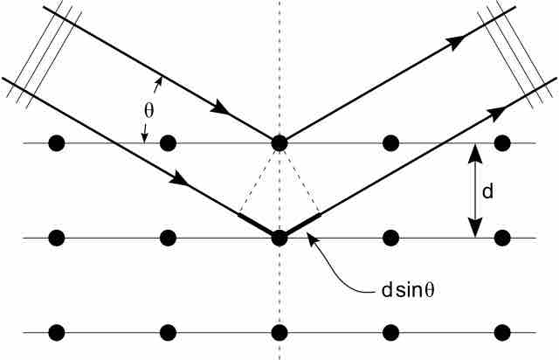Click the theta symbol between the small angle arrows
coord(149,111)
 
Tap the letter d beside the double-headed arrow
coord(487,191)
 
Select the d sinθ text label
coord(408,290)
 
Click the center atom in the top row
coord(279,143)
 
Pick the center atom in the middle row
coord(279,238)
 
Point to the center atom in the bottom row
coord(279,333)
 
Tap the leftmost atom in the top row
coord(57,143)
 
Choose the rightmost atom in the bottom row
coord(502,333)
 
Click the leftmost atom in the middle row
coord(57,238)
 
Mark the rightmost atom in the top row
coord(502,143)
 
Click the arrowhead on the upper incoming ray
coord(220,107)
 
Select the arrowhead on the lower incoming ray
coord(179,178)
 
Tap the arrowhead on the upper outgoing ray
coord(456,43)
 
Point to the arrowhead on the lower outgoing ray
coord(497,114)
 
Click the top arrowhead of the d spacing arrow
coord(475,154)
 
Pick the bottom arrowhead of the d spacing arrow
coord(475,228)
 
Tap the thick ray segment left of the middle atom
coord(256,224)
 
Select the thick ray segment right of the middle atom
coord(303,224)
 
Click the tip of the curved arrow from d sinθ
coord(307,233)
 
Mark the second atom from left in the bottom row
coord(168,333)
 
